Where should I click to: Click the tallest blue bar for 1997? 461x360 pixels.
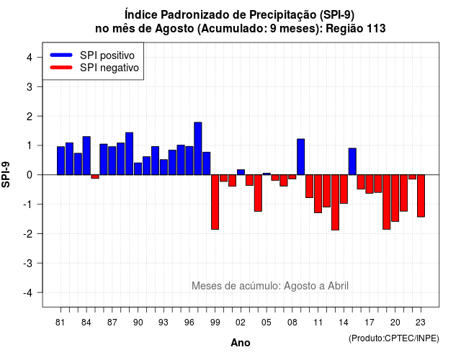click(x=198, y=148)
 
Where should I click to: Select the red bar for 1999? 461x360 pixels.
click(x=215, y=202)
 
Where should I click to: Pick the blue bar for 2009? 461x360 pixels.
click(x=301, y=157)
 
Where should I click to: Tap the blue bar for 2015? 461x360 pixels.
click(x=352, y=161)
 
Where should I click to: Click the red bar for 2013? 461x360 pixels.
click(x=335, y=202)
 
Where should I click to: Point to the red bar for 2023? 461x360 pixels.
click(x=421, y=196)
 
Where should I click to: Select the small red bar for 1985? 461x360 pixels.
click(x=95, y=176)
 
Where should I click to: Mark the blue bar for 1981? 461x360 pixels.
click(x=61, y=161)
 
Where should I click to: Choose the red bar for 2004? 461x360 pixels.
click(x=258, y=193)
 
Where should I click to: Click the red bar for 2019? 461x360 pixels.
click(x=387, y=202)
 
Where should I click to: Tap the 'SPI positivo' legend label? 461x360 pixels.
click(x=107, y=55)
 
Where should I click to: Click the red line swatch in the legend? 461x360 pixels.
click(x=61, y=67)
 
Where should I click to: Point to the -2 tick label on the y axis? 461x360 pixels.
click(x=30, y=233)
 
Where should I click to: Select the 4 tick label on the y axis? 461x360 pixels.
click(x=30, y=58)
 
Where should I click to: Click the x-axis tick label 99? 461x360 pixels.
click(x=215, y=323)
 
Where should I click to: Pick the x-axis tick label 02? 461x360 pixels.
click(x=241, y=323)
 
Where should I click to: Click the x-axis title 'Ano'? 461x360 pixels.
click(x=240, y=343)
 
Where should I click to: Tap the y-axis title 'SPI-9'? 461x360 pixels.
click(x=6, y=174)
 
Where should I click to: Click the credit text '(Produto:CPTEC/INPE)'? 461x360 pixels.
click(x=394, y=338)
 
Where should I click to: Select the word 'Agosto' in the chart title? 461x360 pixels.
click(x=174, y=29)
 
